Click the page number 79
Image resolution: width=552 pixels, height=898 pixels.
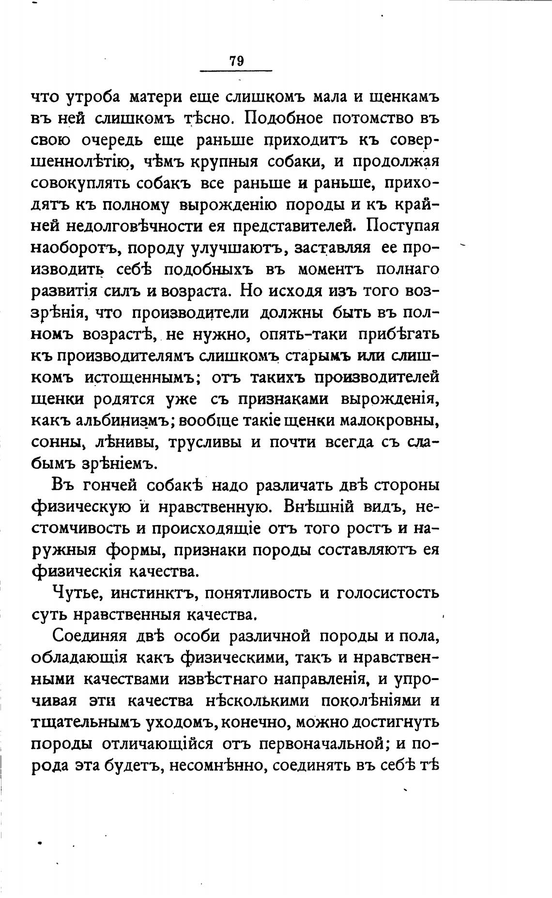(236, 61)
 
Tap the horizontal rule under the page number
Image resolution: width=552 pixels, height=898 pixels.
(236, 72)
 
